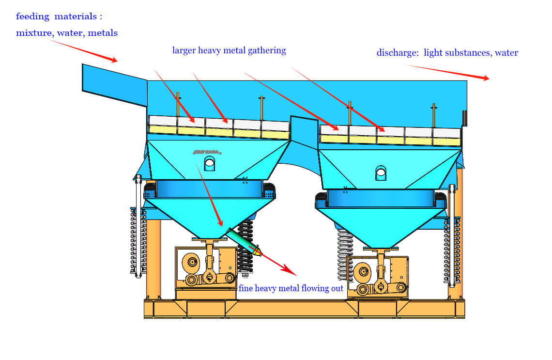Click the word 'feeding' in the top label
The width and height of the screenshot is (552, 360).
pos(32,16)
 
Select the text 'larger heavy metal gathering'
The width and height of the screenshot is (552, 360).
pos(229,50)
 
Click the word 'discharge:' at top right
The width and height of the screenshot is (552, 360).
pos(398,53)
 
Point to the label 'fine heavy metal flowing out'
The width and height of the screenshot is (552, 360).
pos(291,288)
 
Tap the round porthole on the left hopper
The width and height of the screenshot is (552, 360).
pos(209,163)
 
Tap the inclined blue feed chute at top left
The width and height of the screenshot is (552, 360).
pos(114,84)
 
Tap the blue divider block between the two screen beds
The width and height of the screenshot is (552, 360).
pos(304,131)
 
